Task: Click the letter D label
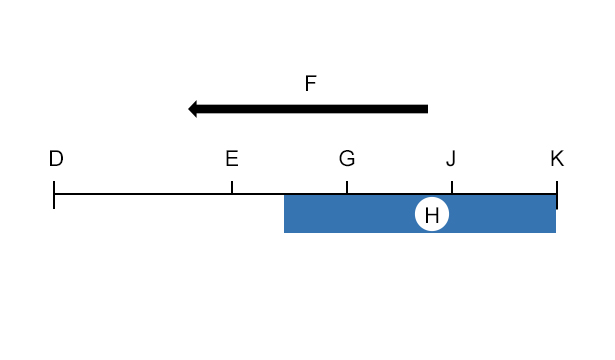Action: pyautogui.click(x=56, y=158)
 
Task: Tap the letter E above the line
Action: pyautogui.click(x=232, y=158)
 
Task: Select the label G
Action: pyautogui.click(x=347, y=158)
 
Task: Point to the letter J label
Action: pyautogui.click(x=451, y=159)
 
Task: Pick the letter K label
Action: pyautogui.click(x=557, y=158)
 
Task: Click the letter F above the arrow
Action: pyautogui.click(x=310, y=84)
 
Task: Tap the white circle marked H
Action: pyautogui.click(x=432, y=214)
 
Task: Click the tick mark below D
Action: pyautogui.click(x=54, y=195)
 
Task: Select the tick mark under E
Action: pyautogui.click(x=232, y=187)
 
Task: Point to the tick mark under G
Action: pyautogui.click(x=347, y=187)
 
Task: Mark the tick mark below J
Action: pyautogui.click(x=452, y=187)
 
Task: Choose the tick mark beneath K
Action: pyautogui.click(x=557, y=195)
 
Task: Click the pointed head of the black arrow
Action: pyautogui.click(x=189, y=109)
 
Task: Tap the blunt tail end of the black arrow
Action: pyautogui.click(x=428, y=109)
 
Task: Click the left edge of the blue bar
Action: pyautogui.click(x=284, y=214)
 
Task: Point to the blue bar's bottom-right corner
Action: pyautogui.click(x=556, y=233)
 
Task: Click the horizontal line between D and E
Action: pyautogui.click(x=143, y=194)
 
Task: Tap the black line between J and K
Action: pyautogui.click(x=504, y=194)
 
